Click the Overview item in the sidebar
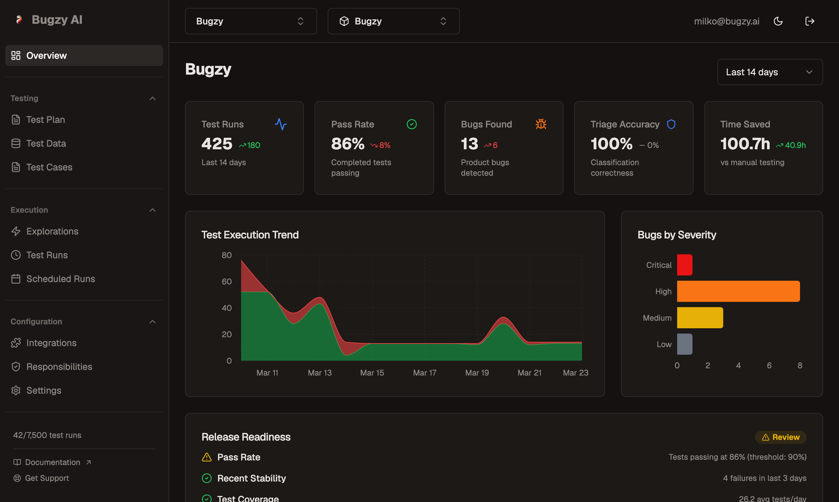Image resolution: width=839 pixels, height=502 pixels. click(47, 55)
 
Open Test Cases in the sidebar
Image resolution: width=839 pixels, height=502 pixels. click(49, 167)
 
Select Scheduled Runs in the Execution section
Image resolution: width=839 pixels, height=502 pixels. click(60, 279)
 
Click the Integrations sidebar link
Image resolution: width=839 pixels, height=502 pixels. click(52, 343)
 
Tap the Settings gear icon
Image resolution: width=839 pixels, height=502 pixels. click(16, 390)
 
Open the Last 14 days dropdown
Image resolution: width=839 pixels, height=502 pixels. click(770, 72)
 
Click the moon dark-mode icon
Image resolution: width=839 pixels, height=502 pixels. click(778, 21)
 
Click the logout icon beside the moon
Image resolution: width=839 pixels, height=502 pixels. click(809, 21)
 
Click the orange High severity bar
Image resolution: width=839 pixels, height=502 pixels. click(738, 291)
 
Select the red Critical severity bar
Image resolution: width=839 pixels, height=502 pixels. click(684, 265)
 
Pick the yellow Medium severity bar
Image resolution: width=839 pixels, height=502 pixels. click(700, 318)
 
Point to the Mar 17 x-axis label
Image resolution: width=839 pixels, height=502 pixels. click(424, 373)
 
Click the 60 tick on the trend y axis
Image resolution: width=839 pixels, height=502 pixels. click(227, 281)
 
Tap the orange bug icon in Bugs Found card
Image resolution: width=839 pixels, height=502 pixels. click(541, 124)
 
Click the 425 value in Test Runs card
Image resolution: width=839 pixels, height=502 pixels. click(217, 144)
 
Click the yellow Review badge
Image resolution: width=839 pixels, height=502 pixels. click(781, 437)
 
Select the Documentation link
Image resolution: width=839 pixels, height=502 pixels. click(53, 462)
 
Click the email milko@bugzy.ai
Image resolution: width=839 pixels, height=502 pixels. click(726, 21)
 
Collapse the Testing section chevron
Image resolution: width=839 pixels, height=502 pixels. click(153, 98)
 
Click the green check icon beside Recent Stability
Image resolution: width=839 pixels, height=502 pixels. click(207, 478)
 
